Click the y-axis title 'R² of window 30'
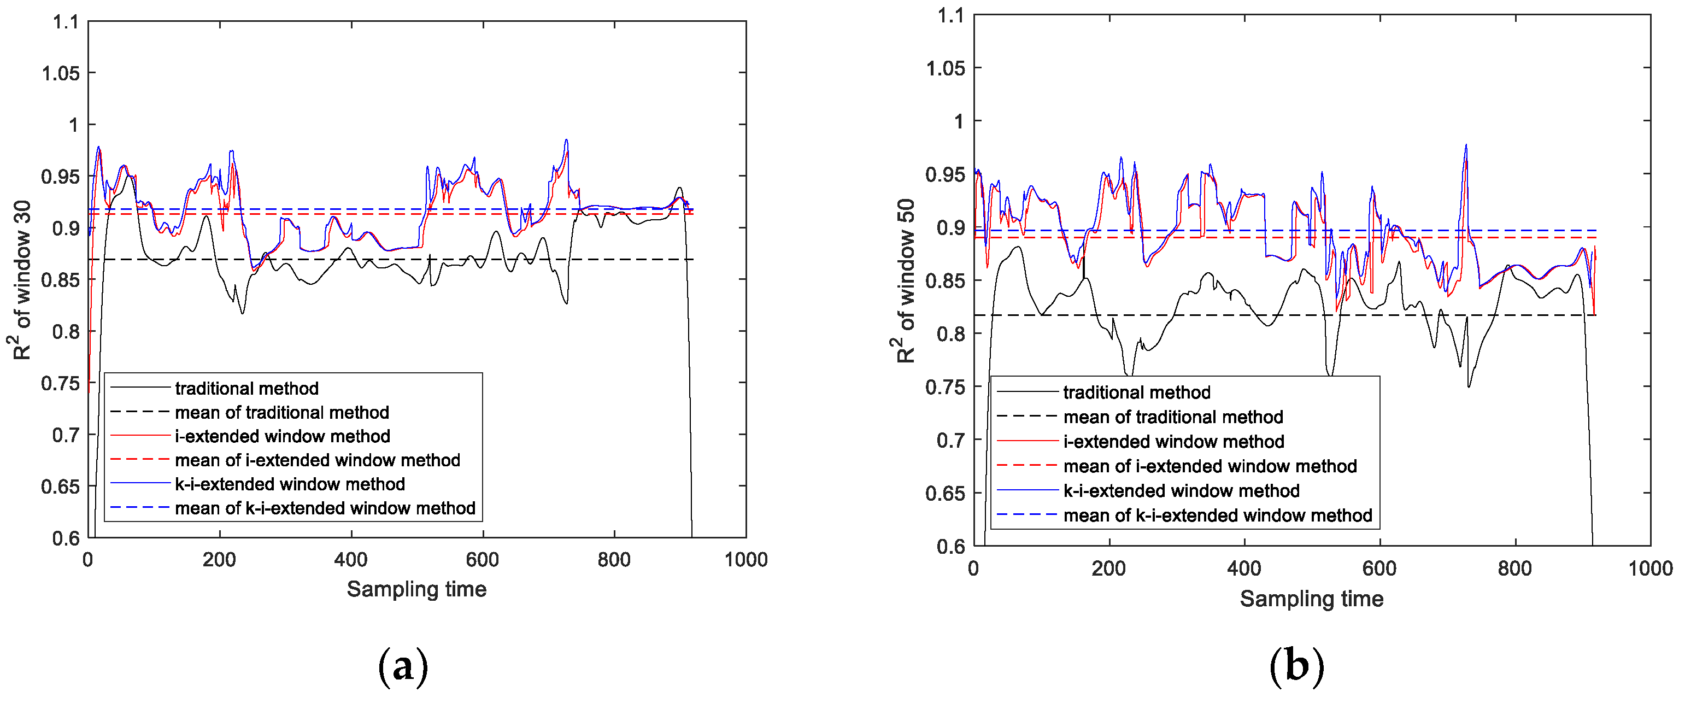coord(21,280)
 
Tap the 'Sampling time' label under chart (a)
coord(416,589)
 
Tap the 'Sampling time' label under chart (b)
coord(1312,599)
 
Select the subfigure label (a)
coord(403,667)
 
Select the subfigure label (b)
coord(1296,667)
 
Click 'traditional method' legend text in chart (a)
coord(246,389)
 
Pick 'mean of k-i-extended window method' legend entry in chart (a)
coord(325,508)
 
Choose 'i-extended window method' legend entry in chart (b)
coord(1173,441)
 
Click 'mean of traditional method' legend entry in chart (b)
coord(1173,417)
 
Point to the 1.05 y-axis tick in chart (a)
coord(61,73)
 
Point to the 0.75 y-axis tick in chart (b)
coord(945,387)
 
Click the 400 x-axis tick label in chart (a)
coord(351,560)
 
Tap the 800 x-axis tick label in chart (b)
coord(1515,569)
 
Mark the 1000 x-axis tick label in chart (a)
coord(745,560)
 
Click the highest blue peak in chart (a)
coord(566,140)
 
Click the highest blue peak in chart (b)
coord(1466,145)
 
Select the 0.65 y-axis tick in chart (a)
coord(61,487)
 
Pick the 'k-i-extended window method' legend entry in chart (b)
coord(1181,491)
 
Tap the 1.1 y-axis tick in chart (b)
coord(951,15)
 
